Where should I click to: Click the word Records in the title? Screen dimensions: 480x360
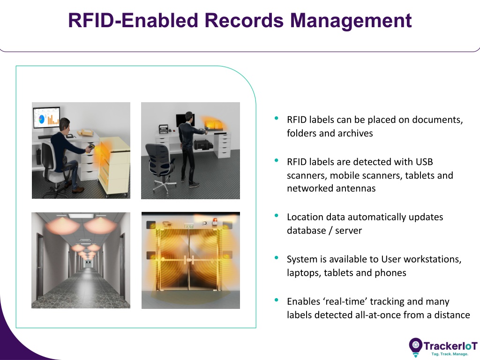tap(244, 21)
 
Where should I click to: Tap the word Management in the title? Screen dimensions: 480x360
tap(351, 21)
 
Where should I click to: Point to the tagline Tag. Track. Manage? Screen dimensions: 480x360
tap(450, 354)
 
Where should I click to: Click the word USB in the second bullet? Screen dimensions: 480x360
tap(424, 162)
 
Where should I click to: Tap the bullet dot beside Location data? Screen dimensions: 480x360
tap(277, 216)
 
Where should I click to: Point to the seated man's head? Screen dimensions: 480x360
tap(65, 125)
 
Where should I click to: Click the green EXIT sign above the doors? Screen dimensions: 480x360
tap(189, 226)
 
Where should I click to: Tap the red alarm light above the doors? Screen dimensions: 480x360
tap(215, 221)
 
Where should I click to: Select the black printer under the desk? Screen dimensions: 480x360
tap(203, 144)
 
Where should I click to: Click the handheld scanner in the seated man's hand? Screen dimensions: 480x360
tap(90, 149)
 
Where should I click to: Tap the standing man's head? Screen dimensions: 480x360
tap(190, 116)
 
